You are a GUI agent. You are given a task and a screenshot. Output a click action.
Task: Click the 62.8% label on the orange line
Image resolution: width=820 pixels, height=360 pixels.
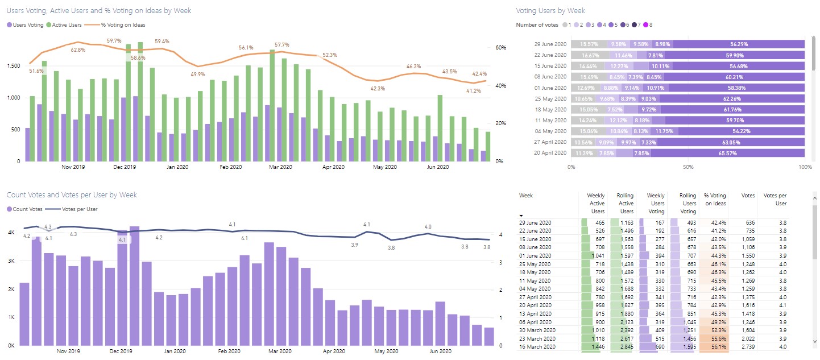[78, 50]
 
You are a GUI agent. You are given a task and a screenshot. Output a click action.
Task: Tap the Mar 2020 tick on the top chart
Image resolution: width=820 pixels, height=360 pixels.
[280, 167]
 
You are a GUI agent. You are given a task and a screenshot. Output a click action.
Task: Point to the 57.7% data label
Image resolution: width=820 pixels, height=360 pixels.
[281, 45]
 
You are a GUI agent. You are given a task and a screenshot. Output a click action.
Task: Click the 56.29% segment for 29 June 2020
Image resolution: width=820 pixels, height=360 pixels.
[739, 44]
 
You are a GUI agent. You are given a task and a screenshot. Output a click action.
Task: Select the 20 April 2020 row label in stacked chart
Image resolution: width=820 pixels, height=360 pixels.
[550, 153]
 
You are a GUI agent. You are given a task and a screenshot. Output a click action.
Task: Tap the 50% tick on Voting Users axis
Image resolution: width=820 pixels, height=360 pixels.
[688, 167]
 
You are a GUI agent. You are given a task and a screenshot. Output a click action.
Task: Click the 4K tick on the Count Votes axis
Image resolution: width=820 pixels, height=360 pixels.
[11, 233]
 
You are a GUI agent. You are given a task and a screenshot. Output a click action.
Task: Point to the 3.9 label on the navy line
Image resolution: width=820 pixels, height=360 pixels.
[354, 245]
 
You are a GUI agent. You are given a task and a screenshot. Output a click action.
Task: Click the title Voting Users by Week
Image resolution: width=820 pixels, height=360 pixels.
[550, 11]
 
